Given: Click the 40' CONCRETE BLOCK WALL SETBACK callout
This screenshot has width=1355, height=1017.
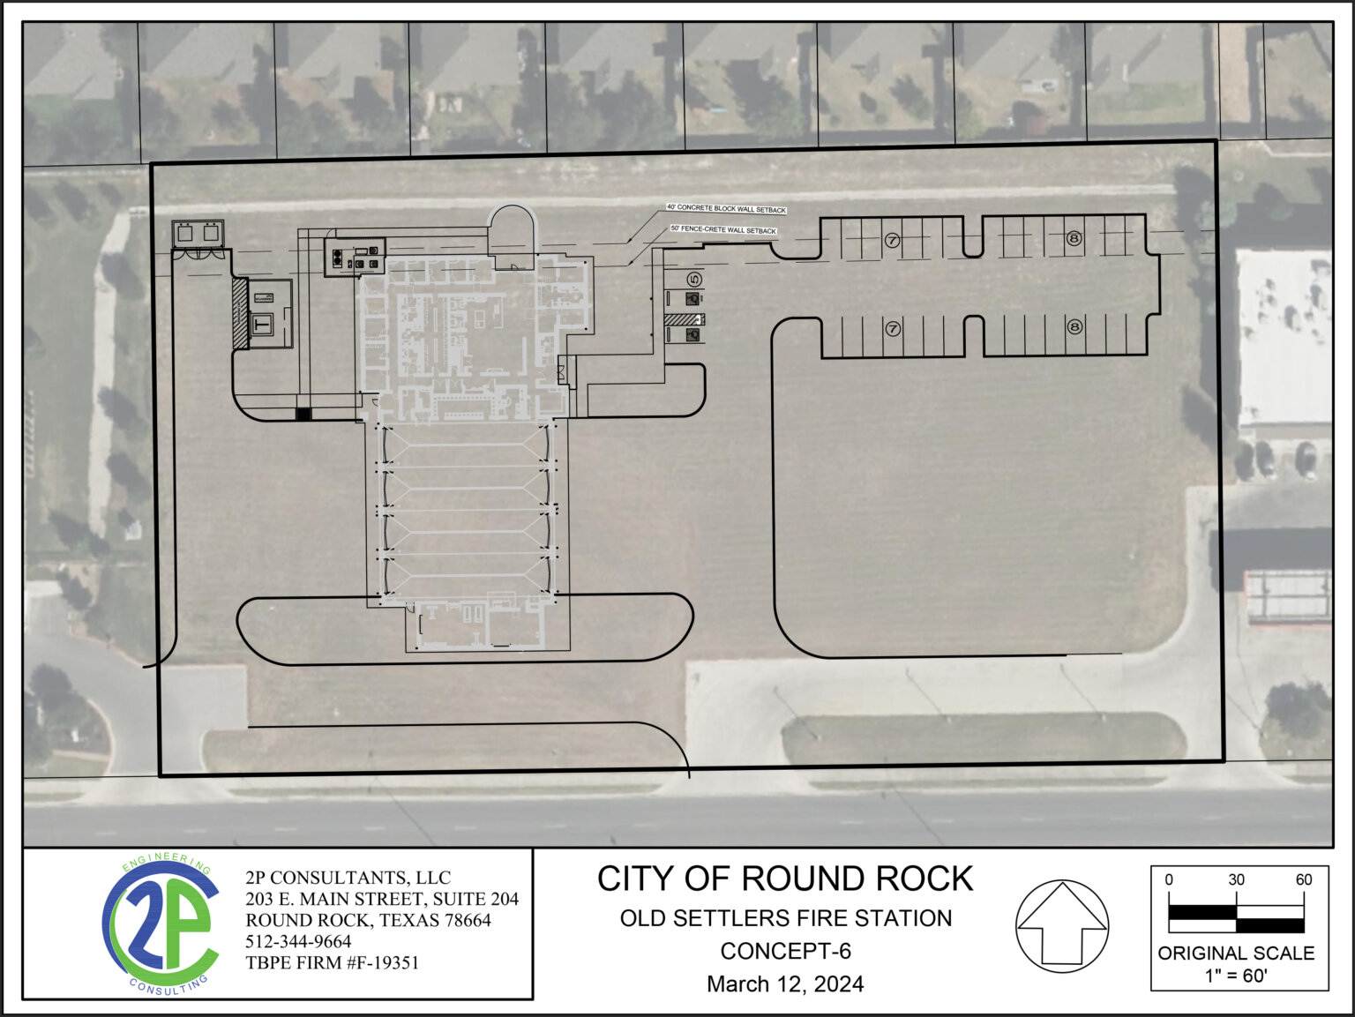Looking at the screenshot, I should [726, 209].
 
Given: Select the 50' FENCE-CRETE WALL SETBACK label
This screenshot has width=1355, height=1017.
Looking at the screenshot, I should [723, 230].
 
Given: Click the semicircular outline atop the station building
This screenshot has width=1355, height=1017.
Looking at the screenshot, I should [512, 228].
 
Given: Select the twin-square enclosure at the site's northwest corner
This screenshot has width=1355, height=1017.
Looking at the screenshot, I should [198, 234].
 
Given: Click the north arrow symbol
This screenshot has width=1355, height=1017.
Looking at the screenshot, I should [1062, 926].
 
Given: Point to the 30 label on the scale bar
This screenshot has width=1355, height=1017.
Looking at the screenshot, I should [1236, 880].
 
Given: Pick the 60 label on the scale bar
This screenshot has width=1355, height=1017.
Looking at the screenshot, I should [1303, 880].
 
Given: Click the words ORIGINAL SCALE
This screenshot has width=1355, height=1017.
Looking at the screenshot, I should [1236, 953].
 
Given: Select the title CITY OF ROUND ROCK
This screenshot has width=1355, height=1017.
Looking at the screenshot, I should [785, 879].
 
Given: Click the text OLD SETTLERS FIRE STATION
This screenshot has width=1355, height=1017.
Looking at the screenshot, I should [785, 918].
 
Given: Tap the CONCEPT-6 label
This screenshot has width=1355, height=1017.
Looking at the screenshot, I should [785, 951].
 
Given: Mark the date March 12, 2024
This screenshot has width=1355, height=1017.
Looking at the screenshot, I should [785, 984].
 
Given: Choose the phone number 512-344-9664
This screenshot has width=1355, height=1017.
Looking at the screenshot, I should [298, 942].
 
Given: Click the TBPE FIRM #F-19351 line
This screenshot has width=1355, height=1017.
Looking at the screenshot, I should [332, 963].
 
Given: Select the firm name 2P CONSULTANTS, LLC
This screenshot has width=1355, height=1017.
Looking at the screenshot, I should [348, 878].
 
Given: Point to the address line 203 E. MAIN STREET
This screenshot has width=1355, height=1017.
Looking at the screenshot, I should [381, 899].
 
